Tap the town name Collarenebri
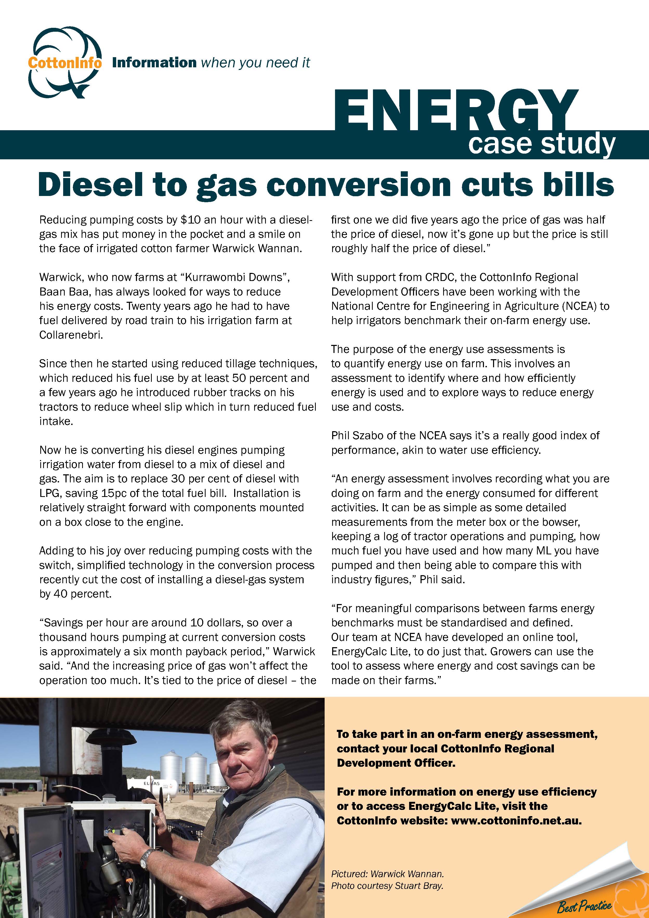coord(71,335)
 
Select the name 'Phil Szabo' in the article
coord(361,436)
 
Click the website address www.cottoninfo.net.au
coord(516,821)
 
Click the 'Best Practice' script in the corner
coord(584,905)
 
